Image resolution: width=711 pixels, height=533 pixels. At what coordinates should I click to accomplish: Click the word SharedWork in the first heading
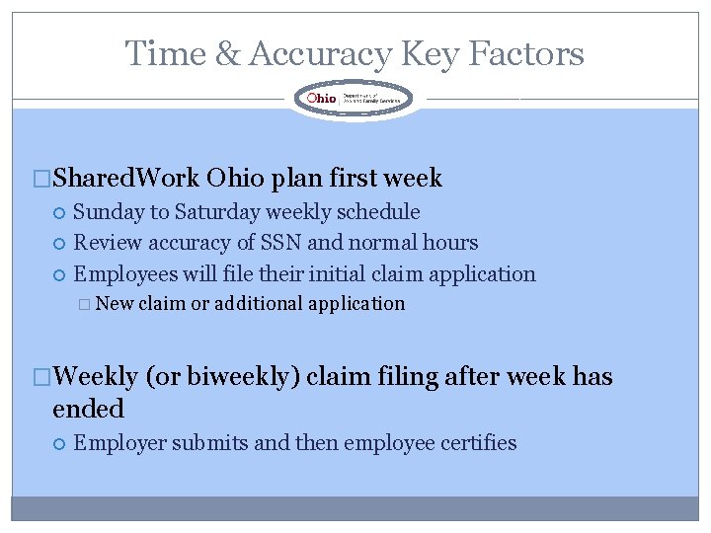(x=126, y=179)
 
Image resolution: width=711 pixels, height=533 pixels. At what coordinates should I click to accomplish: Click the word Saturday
(x=222, y=212)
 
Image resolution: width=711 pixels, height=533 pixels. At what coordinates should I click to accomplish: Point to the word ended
(x=88, y=409)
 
